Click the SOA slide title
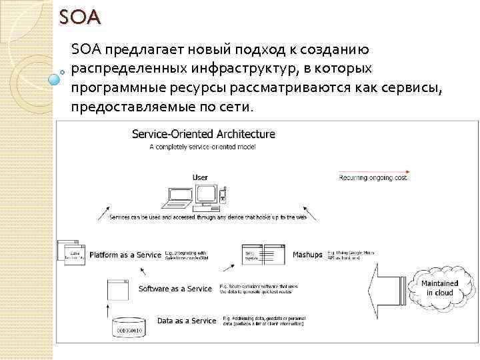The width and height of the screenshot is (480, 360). (x=79, y=17)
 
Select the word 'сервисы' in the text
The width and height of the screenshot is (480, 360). (x=407, y=87)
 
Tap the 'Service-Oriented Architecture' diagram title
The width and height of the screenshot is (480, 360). (x=203, y=133)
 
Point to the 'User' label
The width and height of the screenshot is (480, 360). (x=200, y=177)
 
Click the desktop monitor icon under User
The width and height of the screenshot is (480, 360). (x=208, y=194)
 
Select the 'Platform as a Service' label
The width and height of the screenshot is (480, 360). (x=125, y=255)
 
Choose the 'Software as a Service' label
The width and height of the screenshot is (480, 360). (x=175, y=289)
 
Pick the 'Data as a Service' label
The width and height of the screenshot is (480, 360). (x=187, y=321)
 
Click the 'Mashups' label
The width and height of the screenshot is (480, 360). (x=307, y=255)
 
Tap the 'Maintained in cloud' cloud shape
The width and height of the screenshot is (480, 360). (x=440, y=287)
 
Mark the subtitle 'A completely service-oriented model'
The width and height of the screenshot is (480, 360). (x=203, y=147)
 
